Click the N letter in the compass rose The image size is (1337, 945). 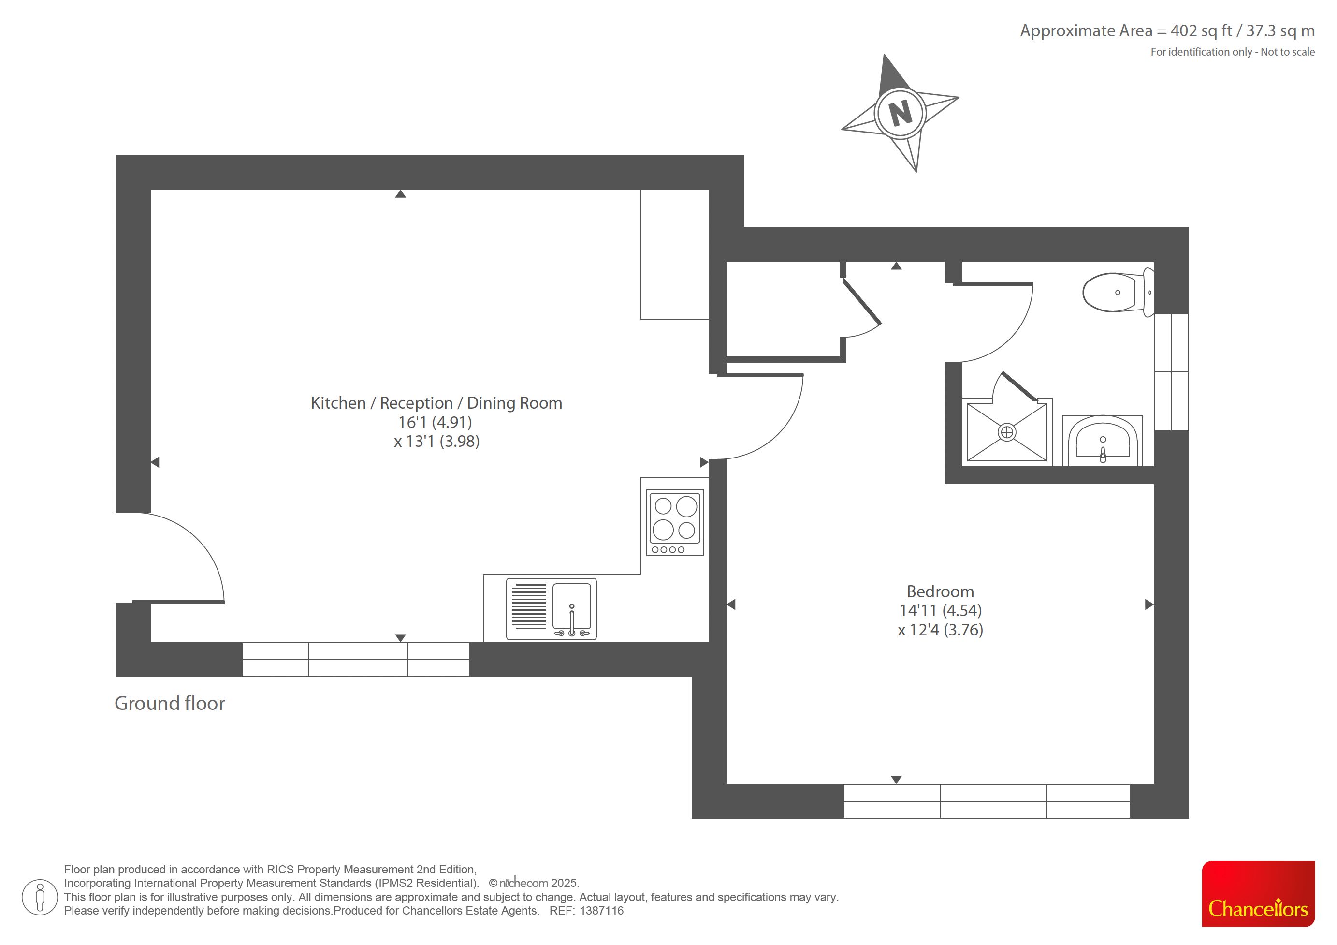900,113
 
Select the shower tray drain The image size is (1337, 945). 1007,432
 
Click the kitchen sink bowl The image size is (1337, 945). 571,606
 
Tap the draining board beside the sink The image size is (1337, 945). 529,606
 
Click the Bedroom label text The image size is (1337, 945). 940,591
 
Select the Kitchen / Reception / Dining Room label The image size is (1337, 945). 436,403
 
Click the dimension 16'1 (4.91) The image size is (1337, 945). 435,422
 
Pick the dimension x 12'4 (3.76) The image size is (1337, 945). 940,630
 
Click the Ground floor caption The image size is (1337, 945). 170,703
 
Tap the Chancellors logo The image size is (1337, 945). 1258,893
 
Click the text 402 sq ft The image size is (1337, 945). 1201,31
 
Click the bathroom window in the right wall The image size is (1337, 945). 1171,372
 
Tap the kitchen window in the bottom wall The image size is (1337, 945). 355,660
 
